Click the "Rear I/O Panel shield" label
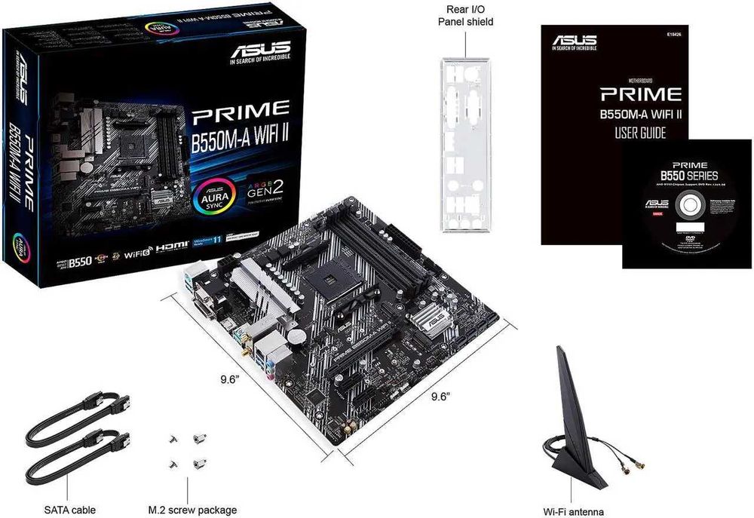pyautogui.click(x=466, y=15)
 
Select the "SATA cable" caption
pyautogui.click(x=70, y=510)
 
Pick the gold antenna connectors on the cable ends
pyautogui.click(x=626, y=468)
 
